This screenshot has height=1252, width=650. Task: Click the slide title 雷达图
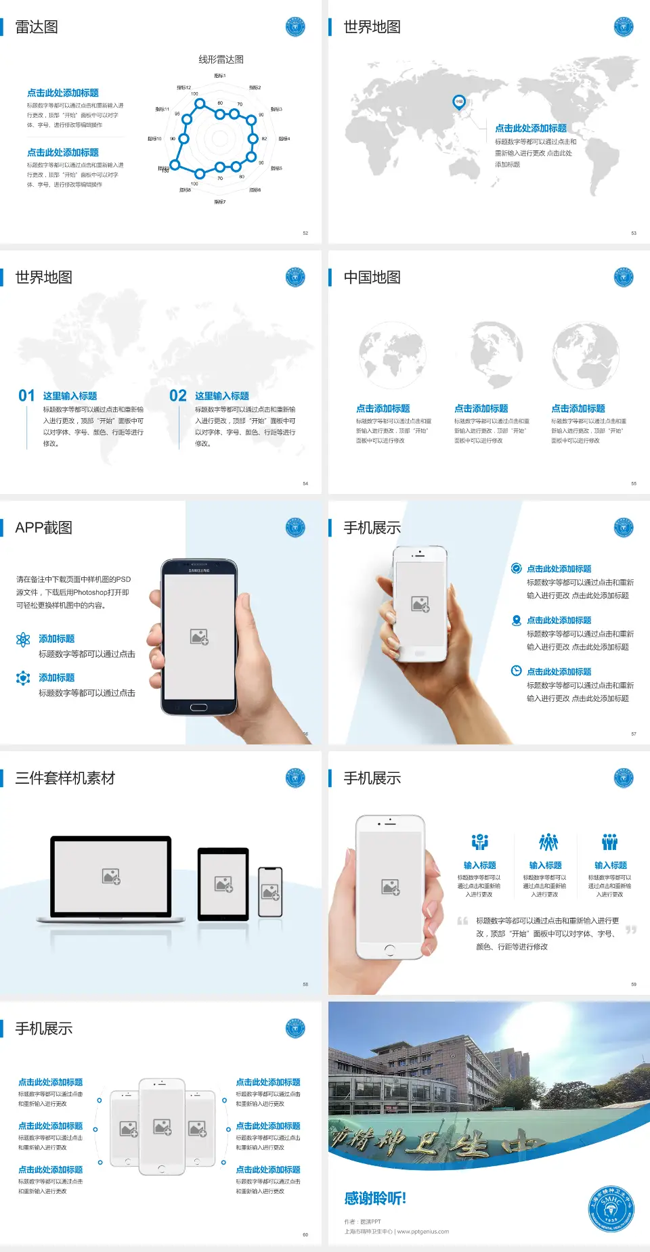point(37,27)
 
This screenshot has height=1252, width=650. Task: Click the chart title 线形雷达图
point(221,60)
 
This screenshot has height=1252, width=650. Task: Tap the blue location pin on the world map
point(459,102)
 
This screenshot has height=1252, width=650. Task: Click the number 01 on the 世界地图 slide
point(26,396)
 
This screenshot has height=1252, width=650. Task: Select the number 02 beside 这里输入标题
point(178,396)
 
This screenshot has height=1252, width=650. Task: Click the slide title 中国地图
point(372,277)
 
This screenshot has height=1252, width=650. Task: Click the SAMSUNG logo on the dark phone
point(199,571)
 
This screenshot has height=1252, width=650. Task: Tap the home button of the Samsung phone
point(198,707)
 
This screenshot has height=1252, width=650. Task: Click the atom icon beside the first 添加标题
point(23,640)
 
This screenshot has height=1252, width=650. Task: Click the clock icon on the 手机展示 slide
point(516,671)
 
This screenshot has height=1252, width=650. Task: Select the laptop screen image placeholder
point(111,876)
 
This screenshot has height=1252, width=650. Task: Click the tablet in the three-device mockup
point(223,884)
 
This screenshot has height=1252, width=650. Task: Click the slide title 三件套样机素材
point(65,778)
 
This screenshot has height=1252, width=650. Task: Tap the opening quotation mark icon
point(462,921)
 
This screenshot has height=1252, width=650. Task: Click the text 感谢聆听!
point(375,1199)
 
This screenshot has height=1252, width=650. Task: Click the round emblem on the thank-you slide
point(611,1209)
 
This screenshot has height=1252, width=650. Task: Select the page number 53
point(634,233)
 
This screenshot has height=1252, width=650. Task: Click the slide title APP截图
point(43,528)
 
